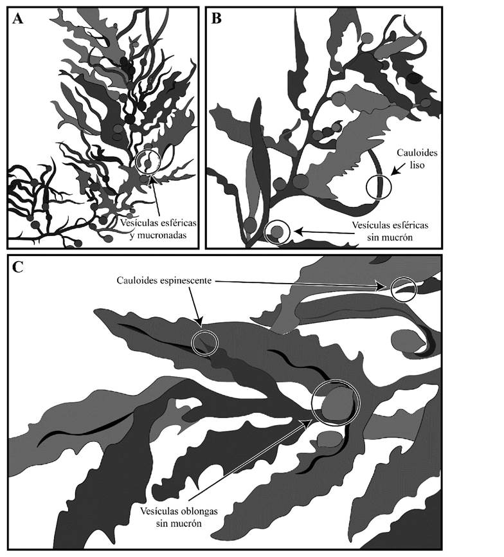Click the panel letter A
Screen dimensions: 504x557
point(17,19)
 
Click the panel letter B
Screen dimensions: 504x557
point(216,19)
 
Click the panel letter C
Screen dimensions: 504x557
point(18,267)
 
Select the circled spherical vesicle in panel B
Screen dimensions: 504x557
point(278,232)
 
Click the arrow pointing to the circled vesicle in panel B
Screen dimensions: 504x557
point(324,232)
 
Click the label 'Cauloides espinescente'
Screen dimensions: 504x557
point(164,280)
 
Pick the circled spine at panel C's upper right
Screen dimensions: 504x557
point(404,289)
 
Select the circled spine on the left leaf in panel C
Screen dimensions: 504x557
point(204,342)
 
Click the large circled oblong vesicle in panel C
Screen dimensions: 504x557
point(336,403)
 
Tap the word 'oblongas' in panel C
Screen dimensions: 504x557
point(199,511)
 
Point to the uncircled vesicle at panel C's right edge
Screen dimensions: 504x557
point(407,341)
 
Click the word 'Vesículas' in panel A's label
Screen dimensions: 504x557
point(138,223)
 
